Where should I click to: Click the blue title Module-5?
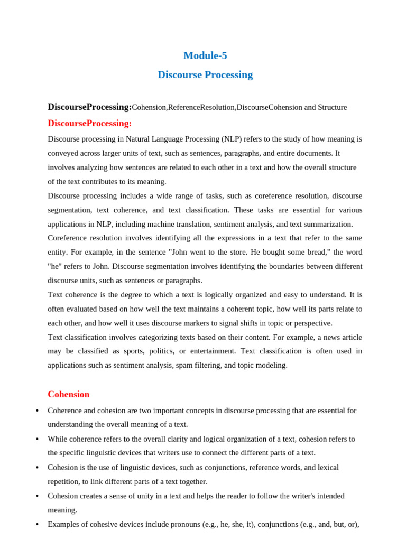(x=205, y=55)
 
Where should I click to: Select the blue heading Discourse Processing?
(x=205, y=75)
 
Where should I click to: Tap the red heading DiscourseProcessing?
(x=89, y=124)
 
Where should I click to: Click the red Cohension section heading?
(x=68, y=394)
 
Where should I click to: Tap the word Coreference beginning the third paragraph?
(x=68, y=238)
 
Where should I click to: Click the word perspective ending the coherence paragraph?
(x=312, y=323)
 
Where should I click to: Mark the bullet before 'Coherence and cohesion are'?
(x=37, y=411)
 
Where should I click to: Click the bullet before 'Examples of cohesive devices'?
(x=37, y=525)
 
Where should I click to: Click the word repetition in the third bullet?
(x=65, y=481)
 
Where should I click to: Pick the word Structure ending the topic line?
(x=333, y=107)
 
